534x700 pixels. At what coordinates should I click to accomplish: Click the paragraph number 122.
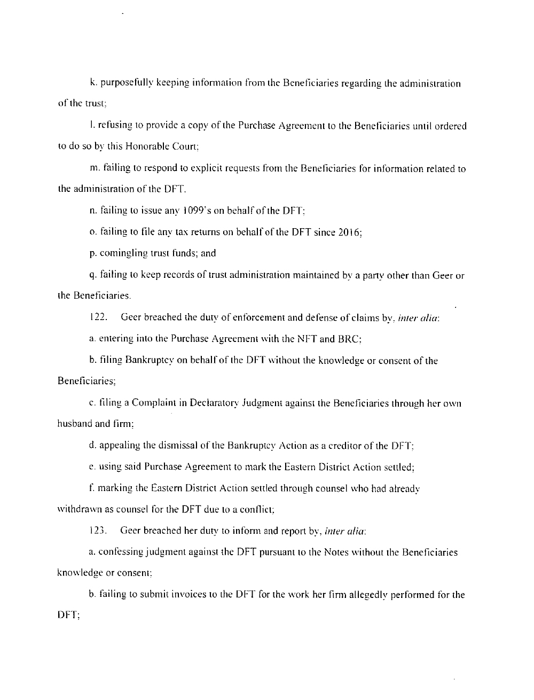click(x=98, y=317)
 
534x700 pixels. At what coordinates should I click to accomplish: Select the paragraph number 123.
click(x=98, y=531)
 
